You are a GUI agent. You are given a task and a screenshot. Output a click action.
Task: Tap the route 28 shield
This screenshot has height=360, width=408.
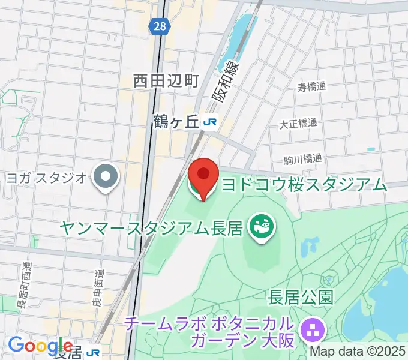(x=159, y=26)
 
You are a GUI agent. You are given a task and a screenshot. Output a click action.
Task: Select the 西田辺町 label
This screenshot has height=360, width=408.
(x=166, y=80)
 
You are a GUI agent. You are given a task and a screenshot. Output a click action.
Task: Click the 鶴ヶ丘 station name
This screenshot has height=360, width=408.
(x=175, y=122)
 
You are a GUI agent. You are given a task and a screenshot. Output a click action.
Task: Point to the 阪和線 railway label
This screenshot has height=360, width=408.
(x=226, y=83)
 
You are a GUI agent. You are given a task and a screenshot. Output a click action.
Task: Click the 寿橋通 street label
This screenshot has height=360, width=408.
(x=312, y=87)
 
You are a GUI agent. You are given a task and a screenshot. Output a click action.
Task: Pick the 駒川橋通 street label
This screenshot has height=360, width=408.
(x=303, y=160)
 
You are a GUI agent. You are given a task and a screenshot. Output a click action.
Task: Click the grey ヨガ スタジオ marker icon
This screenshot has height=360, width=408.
(x=107, y=176)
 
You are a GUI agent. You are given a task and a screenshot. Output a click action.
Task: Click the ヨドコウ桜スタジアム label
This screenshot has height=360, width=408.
(x=304, y=184)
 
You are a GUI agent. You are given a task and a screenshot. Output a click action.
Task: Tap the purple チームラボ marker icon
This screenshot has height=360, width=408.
(x=313, y=329)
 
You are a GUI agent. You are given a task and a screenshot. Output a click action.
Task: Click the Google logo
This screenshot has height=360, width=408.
(x=40, y=346)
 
